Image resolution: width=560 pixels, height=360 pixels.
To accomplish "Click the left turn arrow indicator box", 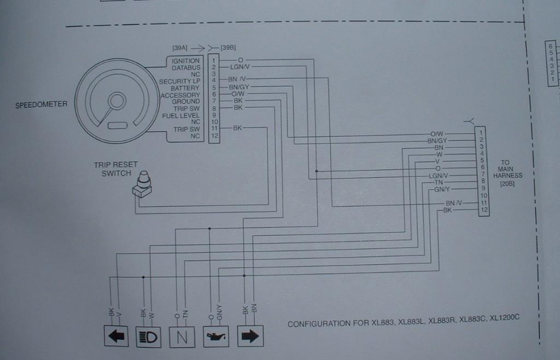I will click(116, 336).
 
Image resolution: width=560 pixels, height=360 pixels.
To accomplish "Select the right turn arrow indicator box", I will click(250, 336).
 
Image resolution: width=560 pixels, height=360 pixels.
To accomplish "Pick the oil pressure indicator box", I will click(217, 336).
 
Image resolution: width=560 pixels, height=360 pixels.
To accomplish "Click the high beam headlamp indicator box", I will click(149, 336).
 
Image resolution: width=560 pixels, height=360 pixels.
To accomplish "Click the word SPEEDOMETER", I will click(42, 104).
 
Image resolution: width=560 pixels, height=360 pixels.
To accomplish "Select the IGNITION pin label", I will click(185, 61).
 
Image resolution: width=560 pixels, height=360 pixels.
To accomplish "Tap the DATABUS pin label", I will click(186, 68).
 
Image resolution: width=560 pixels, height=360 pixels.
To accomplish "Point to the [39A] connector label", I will click(181, 48).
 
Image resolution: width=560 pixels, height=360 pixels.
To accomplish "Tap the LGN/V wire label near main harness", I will click(439, 175).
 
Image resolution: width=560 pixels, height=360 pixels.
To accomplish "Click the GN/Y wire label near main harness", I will click(441, 189).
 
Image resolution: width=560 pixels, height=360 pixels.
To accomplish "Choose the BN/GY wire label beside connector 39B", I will click(238, 88).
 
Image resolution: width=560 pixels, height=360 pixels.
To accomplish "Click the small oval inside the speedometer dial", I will click(118, 125).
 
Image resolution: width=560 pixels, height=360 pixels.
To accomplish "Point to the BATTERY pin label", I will click(185, 88).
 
